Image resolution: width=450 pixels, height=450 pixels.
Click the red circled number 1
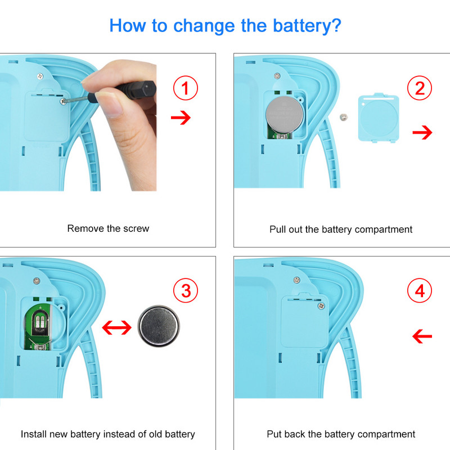[186, 88]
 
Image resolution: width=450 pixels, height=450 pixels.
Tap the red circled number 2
[420, 88]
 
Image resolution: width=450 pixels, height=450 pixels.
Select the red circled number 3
[186, 290]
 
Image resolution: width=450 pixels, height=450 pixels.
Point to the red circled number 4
[420, 290]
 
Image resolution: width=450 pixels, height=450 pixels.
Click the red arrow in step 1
[181, 118]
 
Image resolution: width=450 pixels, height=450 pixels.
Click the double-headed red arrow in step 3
[117, 327]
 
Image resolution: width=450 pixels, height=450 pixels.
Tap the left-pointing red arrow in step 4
[422, 336]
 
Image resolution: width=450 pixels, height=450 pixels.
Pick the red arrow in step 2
[422, 132]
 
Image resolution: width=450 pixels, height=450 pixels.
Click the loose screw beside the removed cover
[344, 117]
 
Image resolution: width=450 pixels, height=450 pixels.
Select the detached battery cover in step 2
[379, 118]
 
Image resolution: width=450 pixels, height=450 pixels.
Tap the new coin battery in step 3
[159, 326]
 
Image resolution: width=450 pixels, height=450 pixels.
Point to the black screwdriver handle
[132, 90]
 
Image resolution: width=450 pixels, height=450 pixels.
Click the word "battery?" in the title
[307, 26]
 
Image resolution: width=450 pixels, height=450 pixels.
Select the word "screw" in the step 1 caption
[136, 228]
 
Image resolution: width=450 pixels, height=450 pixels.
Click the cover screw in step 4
[321, 306]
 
